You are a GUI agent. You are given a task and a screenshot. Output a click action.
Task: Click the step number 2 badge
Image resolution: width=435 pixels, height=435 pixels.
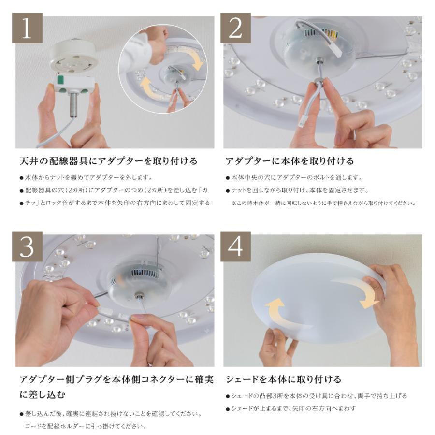pyautogui.click(x=235, y=29)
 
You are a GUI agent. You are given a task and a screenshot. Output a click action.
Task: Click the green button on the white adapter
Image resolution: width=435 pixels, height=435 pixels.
pyautogui.click(x=61, y=81)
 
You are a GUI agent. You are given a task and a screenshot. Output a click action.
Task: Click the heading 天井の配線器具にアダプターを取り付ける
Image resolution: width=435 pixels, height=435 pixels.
pyautogui.click(x=108, y=160)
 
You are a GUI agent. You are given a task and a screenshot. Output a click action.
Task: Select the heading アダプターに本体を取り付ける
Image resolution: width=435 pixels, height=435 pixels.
pyautogui.click(x=290, y=160)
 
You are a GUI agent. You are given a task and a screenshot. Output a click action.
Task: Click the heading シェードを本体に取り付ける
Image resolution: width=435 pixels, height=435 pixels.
pyautogui.click(x=283, y=379)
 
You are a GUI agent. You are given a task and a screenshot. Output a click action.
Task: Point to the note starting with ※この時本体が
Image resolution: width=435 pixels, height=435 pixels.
pyautogui.click(x=323, y=203)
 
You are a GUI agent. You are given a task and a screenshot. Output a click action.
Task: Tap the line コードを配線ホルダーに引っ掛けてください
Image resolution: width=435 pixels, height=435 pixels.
pyautogui.click(x=85, y=426)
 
